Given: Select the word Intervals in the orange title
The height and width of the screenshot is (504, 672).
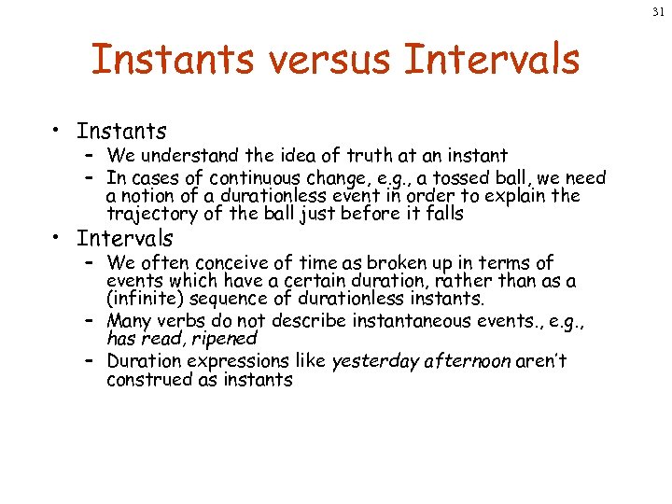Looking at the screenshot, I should coord(492,60).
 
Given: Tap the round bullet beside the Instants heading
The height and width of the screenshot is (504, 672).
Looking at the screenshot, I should coord(58,133).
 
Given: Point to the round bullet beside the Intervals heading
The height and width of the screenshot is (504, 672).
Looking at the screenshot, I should coord(58,239).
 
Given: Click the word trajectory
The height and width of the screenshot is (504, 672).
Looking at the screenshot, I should coord(145,214).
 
